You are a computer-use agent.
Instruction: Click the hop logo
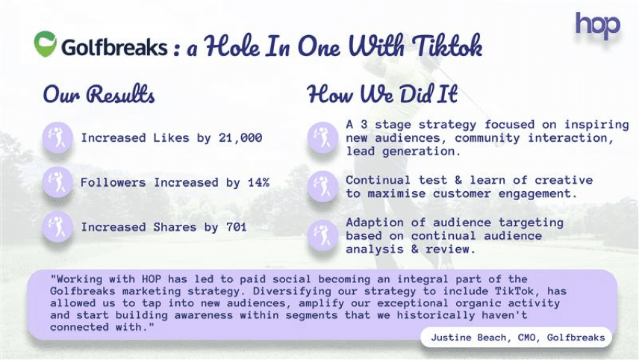(597, 25)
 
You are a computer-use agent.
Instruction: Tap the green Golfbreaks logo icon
(46, 43)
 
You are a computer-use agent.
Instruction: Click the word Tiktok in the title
(447, 46)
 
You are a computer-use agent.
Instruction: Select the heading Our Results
(99, 94)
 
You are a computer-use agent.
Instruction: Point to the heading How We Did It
(382, 94)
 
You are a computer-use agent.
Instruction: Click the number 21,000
(240, 138)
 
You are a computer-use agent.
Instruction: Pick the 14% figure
(259, 182)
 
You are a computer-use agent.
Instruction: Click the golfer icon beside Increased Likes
(57, 137)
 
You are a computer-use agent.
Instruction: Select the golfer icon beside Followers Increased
(57, 181)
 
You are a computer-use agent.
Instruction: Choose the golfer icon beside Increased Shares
(57, 226)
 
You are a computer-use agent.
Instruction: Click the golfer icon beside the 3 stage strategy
(322, 137)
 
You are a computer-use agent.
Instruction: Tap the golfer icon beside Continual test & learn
(322, 186)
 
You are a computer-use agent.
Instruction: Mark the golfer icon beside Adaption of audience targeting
(322, 235)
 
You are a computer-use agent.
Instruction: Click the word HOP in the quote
(152, 279)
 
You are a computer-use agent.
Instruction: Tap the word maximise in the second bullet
(396, 193)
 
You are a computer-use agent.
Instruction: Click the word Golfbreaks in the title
(114, 47)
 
